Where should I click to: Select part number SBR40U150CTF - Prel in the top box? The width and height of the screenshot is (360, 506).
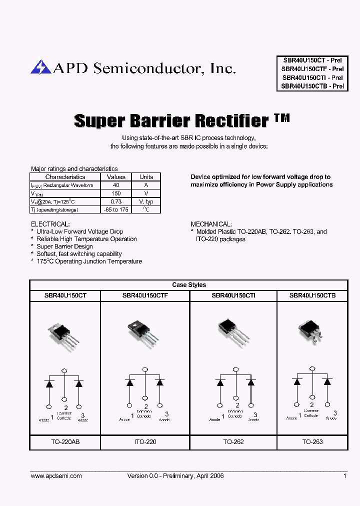tap(312, 69)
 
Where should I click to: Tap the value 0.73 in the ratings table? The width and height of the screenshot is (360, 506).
tap(116, 201)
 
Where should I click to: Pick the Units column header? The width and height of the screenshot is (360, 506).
tap(146, 177)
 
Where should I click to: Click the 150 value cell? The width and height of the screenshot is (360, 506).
tap(116, 193)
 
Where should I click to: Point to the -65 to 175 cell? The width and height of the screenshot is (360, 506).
tap(116, 209)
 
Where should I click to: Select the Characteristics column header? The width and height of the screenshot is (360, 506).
tap(65, 177)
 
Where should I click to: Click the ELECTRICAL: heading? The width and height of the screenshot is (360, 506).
tap(50, 224)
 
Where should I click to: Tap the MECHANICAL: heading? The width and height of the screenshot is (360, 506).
tap(211, 224)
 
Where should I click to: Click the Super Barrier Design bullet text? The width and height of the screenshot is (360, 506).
tap(64, 246)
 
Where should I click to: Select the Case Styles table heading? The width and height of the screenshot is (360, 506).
tap(189, 285)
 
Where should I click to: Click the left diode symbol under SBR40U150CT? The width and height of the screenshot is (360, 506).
tap(49, 384)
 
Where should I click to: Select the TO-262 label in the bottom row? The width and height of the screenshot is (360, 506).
tap(233, 442)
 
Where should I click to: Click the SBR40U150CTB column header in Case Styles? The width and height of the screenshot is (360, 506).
tap(312, 296)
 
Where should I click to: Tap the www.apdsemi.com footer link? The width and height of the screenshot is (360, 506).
tap(56, 476)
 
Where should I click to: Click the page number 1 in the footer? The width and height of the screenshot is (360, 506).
tap(344, 476)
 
